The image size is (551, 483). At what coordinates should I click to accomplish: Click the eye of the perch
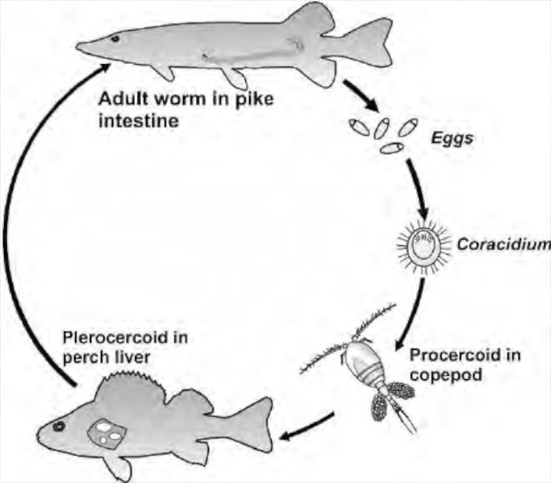tap(58, 427)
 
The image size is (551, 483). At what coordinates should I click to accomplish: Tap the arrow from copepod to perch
tap(308, 427)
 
